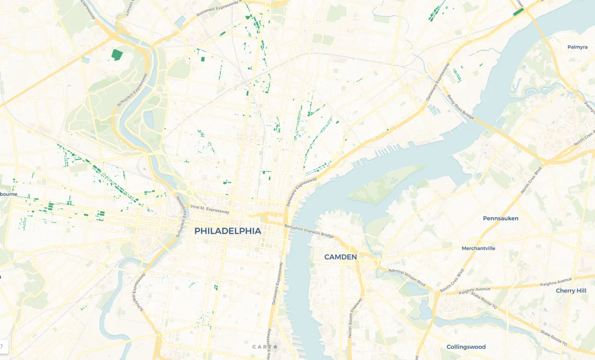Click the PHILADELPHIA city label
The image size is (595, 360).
pos(227,231)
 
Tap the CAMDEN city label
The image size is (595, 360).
pos(340,257)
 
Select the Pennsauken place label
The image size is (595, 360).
pos(500,218)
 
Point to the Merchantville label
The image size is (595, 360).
pos(478,249)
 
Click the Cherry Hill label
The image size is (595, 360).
pos(571,291)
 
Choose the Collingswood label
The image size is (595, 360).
pos(466,347)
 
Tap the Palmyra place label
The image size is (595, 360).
pos(577,47)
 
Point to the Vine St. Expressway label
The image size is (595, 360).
pos(210,209)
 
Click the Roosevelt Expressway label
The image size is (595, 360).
pos(217,10)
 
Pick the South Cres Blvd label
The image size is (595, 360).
pos(452,281)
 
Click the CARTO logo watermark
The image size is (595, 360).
pos(263,346)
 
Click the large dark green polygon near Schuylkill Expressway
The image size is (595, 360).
pos(117,54)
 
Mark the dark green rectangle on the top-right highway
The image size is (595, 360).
pos(518,12)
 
